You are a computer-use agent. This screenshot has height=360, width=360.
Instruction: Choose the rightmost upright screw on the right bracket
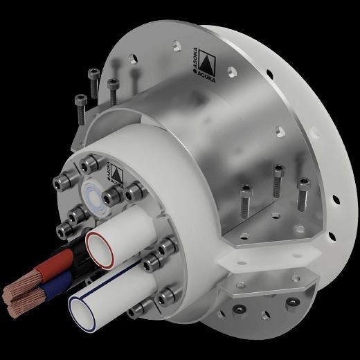click(303, 193)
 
